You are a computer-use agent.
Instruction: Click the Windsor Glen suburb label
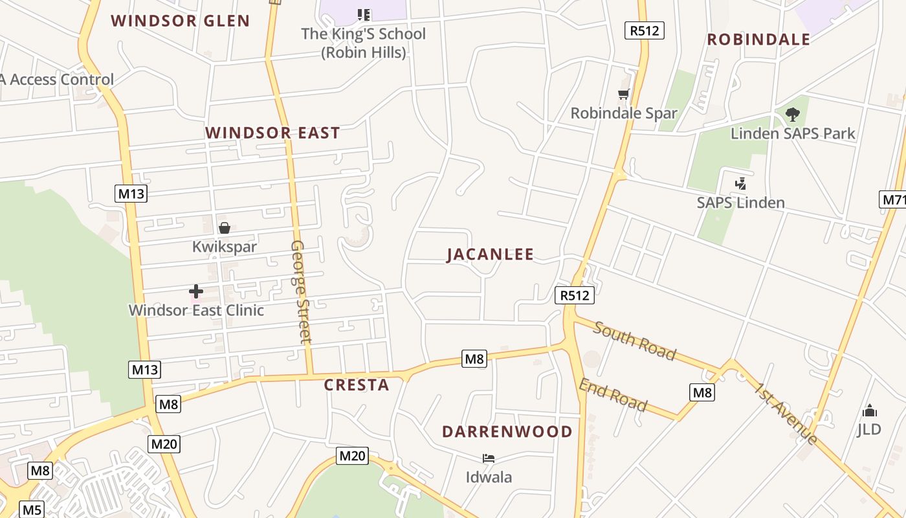(180, 21)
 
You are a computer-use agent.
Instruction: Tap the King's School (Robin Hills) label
(363, 43)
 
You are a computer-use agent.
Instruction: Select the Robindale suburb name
(758, 39)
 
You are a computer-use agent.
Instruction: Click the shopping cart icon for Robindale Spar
(624, 95)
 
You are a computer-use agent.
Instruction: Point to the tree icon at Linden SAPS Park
(792, 115)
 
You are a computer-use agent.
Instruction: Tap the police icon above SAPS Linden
(740, 184)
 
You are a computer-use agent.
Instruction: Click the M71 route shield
(894, 200)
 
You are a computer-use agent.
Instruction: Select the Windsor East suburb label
(272, 133)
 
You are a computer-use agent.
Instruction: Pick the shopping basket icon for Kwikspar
(225, 228)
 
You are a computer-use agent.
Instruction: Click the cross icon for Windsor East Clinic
(196, 291)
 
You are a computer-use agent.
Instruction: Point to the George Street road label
(301, 291)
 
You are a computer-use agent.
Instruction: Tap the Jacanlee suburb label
(491, 254)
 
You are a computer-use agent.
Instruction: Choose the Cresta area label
(357, 385)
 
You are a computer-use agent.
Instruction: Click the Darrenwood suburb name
(507, 432)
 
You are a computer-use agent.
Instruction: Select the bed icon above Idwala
(489, 458)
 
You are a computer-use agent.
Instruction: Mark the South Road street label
(634, 341)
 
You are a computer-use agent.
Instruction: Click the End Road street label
(612, 395)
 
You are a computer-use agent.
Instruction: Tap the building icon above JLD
(869, 411)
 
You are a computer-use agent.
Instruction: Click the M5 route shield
(32, 510)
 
